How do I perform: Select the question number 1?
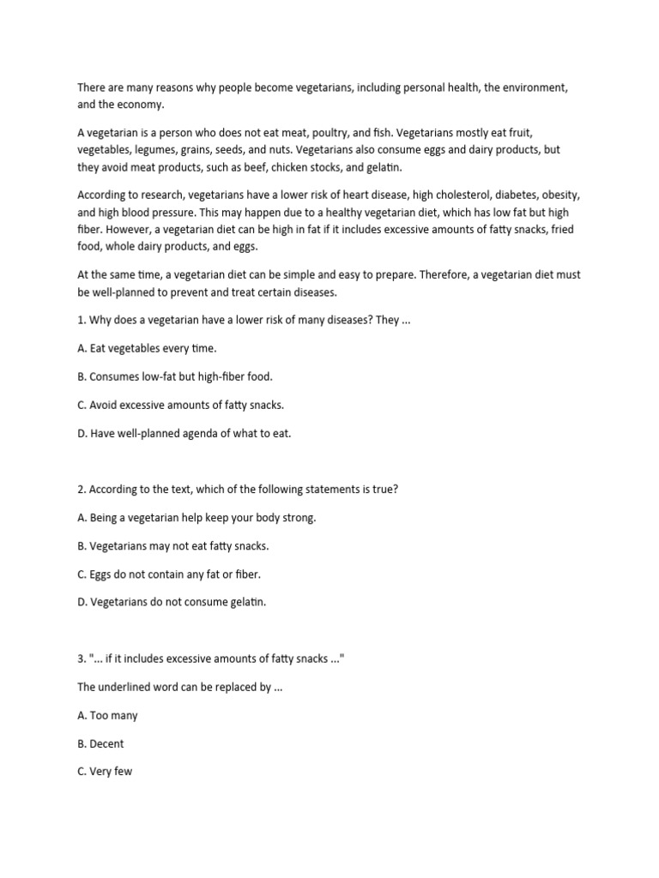coord(81,321)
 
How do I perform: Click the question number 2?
coord(82,489)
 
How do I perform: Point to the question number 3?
coord(82,658)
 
